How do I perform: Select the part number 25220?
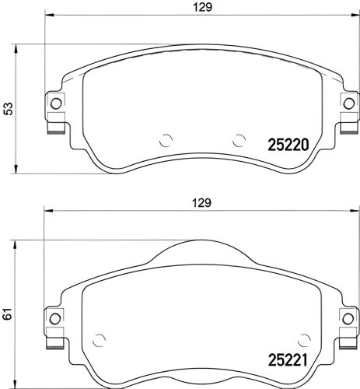pos(288,144)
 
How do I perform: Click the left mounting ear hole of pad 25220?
pos(55,105)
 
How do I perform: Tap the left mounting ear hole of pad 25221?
pos(55,316)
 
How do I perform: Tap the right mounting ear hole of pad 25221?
pos(347,316)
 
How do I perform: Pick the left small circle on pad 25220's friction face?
pos(165,141)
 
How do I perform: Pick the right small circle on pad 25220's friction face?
pos(239,141)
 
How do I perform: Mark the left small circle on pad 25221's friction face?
pos(99,339)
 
